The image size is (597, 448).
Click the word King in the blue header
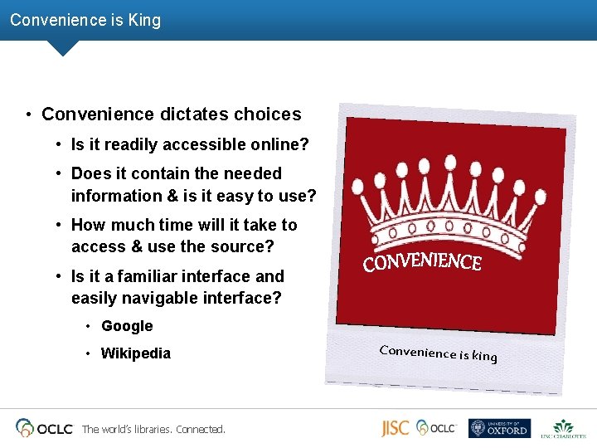[144, 19]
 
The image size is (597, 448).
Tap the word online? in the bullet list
[280, 145]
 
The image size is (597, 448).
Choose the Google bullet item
[127, 326]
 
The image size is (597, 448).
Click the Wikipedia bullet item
[135, 353]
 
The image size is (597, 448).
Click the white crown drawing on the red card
[423, 207]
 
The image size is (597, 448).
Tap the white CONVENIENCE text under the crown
[422, 262]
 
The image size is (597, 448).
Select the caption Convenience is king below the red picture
[438, 353]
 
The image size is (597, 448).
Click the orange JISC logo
[395, 428]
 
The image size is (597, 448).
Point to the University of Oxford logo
[498, 428]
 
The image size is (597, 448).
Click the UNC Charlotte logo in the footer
[563, 428]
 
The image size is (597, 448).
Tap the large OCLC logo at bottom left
[44, 428]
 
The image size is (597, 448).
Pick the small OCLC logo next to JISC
[436, 427]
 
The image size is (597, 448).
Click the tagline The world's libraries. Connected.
[153, 429]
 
